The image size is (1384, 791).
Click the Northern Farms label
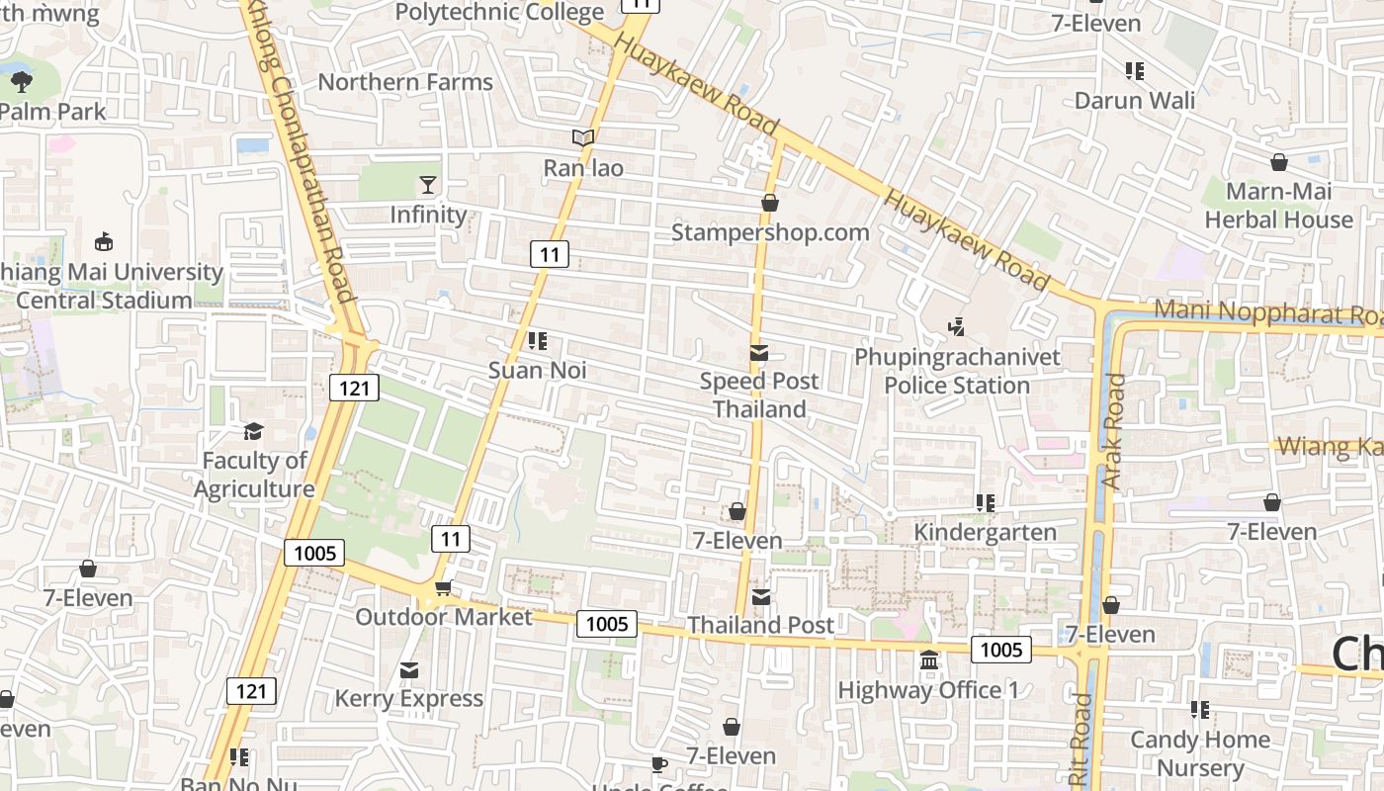405,82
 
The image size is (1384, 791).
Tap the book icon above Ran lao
583,138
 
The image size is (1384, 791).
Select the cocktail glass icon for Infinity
427,184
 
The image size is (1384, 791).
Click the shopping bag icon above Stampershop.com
770,203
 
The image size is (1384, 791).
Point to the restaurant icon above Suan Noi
538,341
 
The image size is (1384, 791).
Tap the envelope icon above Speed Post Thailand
759,352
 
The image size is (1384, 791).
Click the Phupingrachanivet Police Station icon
956,326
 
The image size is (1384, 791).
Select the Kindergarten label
985,532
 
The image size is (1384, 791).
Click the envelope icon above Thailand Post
760,596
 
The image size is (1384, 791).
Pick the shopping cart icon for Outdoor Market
443,588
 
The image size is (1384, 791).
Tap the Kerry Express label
408,698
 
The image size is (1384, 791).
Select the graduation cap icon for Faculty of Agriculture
254,431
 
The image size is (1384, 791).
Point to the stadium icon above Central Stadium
103,241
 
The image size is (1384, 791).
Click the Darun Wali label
1134,100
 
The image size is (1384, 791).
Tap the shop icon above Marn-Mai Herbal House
1278,162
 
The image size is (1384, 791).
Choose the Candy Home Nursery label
1199,753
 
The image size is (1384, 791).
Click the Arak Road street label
1114,431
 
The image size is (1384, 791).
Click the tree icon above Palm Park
21,81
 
